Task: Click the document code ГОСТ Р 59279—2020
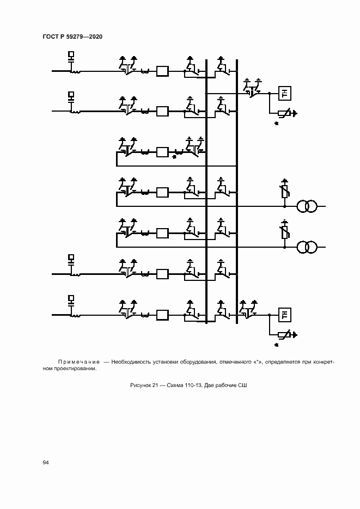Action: [72, 37]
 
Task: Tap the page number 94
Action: [46, 462]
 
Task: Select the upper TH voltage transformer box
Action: [284, 94]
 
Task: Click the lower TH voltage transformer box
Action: [284, 315]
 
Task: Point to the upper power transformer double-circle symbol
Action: [307, 206]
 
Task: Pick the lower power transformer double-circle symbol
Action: [307, 247]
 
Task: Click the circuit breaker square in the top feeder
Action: [162, 71]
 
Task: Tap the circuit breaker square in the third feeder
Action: [162, 152]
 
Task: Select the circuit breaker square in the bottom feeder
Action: [162, 315]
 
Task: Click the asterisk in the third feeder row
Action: [174, 157]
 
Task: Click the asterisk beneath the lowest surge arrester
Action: [276, 345]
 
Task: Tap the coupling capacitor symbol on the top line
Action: [71, 56]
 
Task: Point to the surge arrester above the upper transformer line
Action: [284, 192]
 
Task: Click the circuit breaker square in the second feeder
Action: [162, 111]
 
